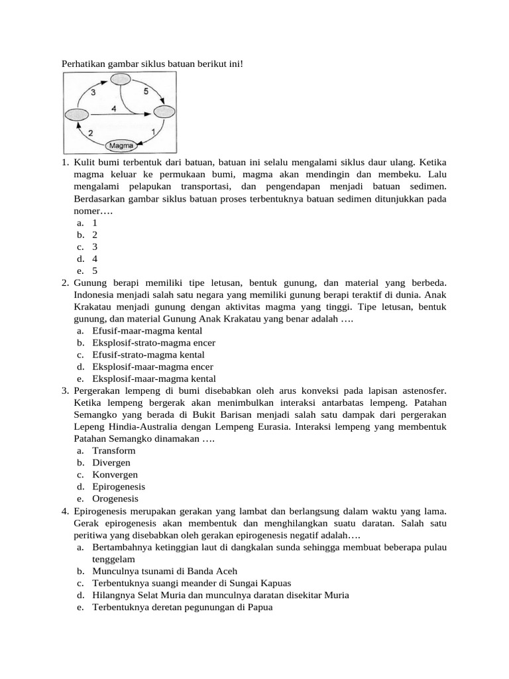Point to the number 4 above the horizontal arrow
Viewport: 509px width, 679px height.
pos(114,107)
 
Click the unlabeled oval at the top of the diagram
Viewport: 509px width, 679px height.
pos(120,80)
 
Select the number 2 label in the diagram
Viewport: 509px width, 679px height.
pos(90,133)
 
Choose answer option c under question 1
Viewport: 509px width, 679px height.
pos(95,247)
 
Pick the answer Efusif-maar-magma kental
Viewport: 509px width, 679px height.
pos(147,331)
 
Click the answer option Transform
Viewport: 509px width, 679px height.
pos(113,451)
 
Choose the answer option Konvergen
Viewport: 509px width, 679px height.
pos(115,475)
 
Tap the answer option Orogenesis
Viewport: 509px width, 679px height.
pos(115,499)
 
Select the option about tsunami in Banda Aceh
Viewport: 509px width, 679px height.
pos(164,571)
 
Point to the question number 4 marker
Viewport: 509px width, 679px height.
pos(66,511)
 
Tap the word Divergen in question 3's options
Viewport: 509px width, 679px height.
pos(111,463)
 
